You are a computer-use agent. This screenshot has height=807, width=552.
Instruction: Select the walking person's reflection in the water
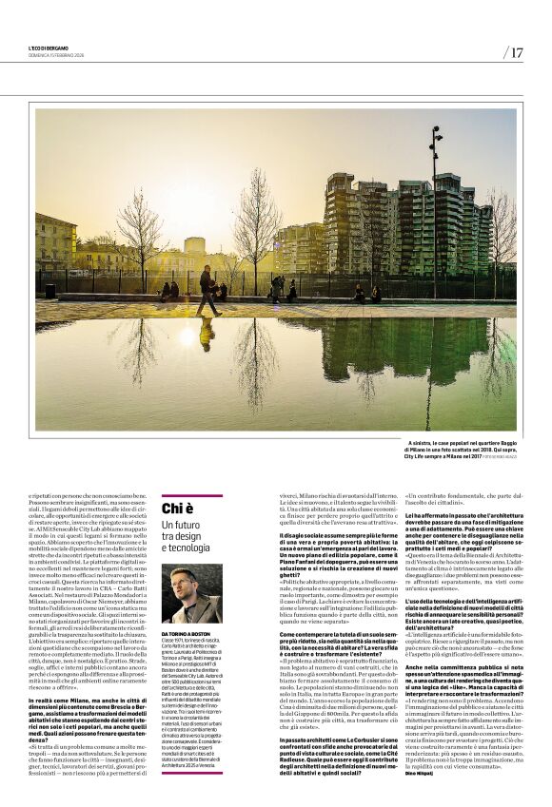coord(207,333)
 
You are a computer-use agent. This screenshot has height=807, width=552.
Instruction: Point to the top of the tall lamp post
coord(435,132)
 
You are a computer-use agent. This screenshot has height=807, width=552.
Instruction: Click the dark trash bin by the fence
coord(50,291)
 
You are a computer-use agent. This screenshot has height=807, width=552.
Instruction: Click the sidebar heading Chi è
coord(177,509)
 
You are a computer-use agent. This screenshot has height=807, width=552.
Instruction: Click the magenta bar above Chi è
coord(191,494)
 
